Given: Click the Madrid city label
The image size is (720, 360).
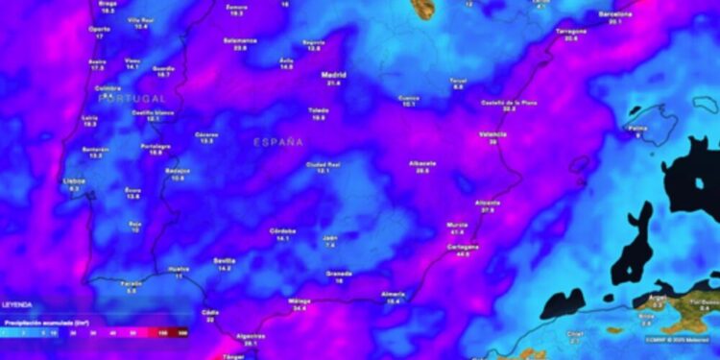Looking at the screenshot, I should click(x=333, y=74).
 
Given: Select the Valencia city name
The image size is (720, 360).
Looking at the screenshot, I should click(x=492, y=134).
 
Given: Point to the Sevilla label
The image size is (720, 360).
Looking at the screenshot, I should click(x=225, y=260).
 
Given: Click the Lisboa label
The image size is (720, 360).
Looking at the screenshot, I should click(x=74, y=180).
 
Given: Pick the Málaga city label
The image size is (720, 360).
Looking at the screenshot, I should click(x=300, y=301).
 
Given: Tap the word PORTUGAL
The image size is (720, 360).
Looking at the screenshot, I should click(x=132, y=99).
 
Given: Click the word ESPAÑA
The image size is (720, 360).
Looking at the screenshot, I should click(x=278, y=142).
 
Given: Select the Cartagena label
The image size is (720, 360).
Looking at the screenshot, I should click(x=463, y=247).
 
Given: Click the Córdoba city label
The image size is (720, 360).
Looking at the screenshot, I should click(x=282, y=230).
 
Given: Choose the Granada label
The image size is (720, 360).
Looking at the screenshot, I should click(x=339, y=274).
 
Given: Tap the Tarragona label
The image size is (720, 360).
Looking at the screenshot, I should click(x=571, y=31).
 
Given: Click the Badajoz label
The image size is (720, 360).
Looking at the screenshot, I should click(x=178, y=170).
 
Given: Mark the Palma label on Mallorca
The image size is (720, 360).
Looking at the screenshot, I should click(x=636, y=128).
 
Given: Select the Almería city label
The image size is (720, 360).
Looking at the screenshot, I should click(x=393, y=294).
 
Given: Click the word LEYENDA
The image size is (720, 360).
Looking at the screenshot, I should click(x=17, y=304).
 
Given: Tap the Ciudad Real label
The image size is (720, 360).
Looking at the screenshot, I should click(x=324, y=163).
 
